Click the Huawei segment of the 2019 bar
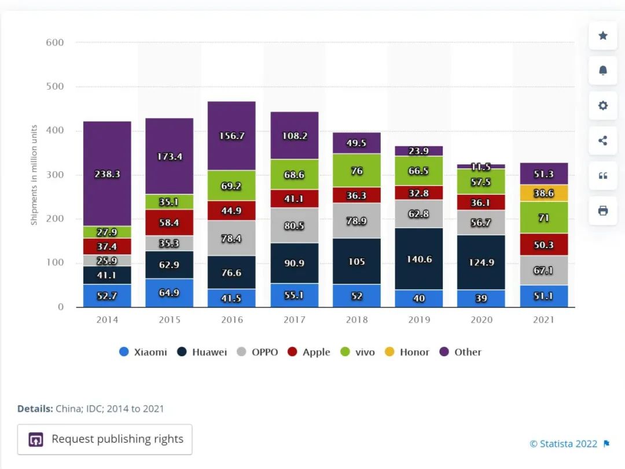pyautogui.click(x=419, y=258)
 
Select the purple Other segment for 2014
pyautogui.click(x=107, y=173)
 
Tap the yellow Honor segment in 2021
pyautogui.click(x=543, y=193)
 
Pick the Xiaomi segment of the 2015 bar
pyautogui.click(x=169, y=293)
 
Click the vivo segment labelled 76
pyautogui.click(x=356, y=171)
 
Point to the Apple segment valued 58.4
pyautogui.click(x=169, y=222)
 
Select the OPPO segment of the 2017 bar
pyautogui.click(x=294, y=226)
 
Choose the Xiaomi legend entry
pyautogui.click(x=143, y=352)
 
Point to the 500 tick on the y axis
pyautogui.click(x=54, y=87)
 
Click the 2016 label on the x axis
pyautogui.click(x=231, y=320)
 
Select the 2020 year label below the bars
pyautogui.click(x=481, y=320)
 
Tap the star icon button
pyautogui.click(x=602, y=36)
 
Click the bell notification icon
pyautogui.click(x=602, y=71)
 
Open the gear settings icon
pyautogui.click(x=602, y=105)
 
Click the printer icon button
pyautogui.click(x=602, y=211)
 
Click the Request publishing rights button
pyautogui.click(x=105, y=440)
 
